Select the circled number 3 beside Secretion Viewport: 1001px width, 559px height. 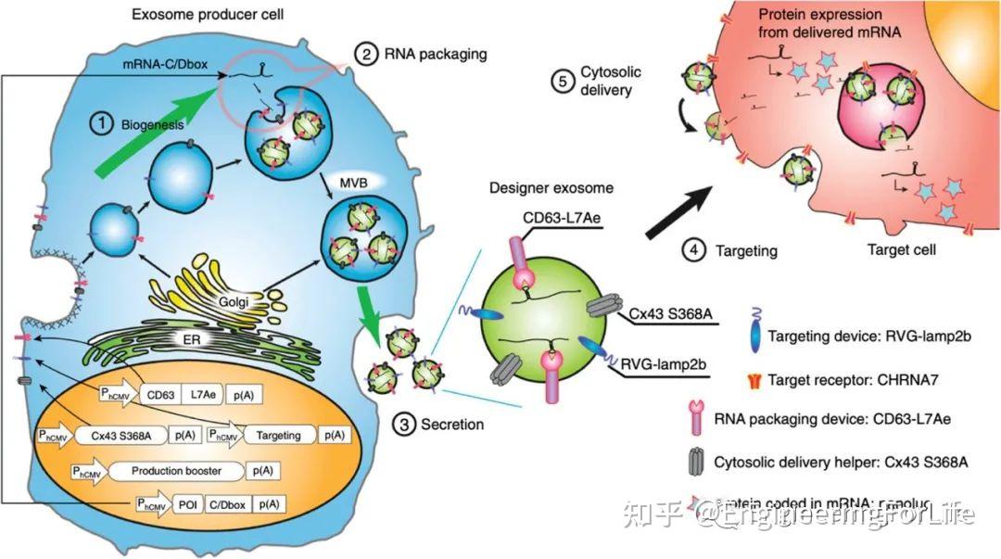pyautogui.click(x=404, y=425)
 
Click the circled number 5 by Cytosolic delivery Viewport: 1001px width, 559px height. pyautogui.click(x=561, y=82)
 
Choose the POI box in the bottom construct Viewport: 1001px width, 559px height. pyautogui.click(x=184, y=504)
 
